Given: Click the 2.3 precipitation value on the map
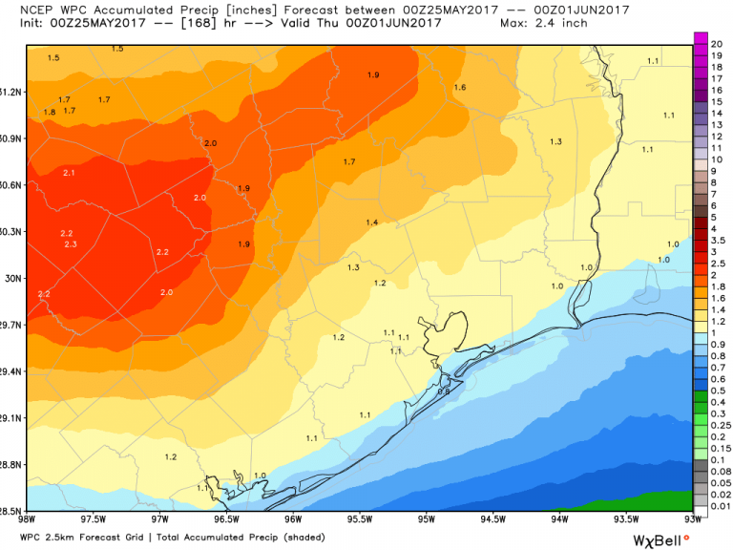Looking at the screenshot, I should (71, 245).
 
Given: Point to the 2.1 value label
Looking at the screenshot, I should (69, 173).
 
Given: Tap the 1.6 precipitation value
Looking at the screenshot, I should (460, 88).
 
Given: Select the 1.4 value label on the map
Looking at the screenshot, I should (372, 222).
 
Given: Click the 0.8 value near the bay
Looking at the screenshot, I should (443, 391).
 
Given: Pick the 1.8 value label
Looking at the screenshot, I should (50, 112).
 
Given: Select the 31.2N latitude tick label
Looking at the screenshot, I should (10, 92).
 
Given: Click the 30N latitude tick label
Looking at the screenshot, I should (12, 278).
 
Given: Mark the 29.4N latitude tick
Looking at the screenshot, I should (10, 371).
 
